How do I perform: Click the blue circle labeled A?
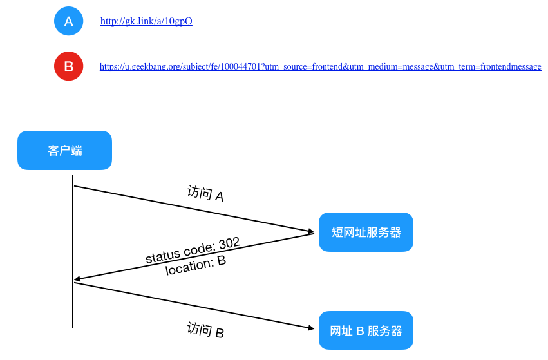click(68, 21)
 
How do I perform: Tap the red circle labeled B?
click(68, 66)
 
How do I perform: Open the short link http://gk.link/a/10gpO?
click(146, 21)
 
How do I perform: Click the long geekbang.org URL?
click(321, 66)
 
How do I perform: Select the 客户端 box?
click(64, 150)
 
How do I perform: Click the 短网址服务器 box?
click(366, 232)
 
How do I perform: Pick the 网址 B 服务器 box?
click(366, 330)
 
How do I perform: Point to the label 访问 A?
click(205, 194)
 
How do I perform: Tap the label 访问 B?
click(205, 330)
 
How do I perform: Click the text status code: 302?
click(193, 251)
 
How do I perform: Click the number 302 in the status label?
click(229, 243)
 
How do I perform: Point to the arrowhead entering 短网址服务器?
click(310, 231)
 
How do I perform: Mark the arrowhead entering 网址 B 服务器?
click(310, 328)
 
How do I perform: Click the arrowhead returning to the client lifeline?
click(77, 279)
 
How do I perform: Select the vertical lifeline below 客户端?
click(73, 251)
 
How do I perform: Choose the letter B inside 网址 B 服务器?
click(360, 330)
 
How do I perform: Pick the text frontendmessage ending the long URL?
click(511, 66)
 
